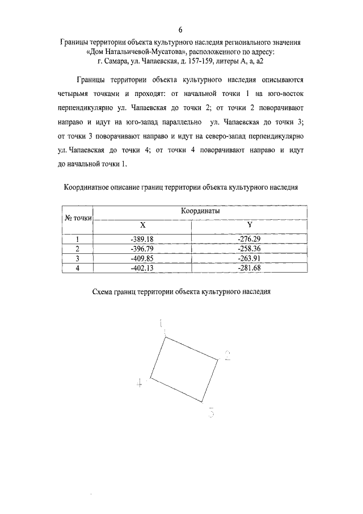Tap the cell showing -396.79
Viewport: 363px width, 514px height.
coord(142,249)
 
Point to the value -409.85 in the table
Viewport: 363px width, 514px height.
coord(142,258)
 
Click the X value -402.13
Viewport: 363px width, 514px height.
coord(142,268)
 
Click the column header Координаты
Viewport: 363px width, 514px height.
coord(200,210)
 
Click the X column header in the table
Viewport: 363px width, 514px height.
coord(142,225)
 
